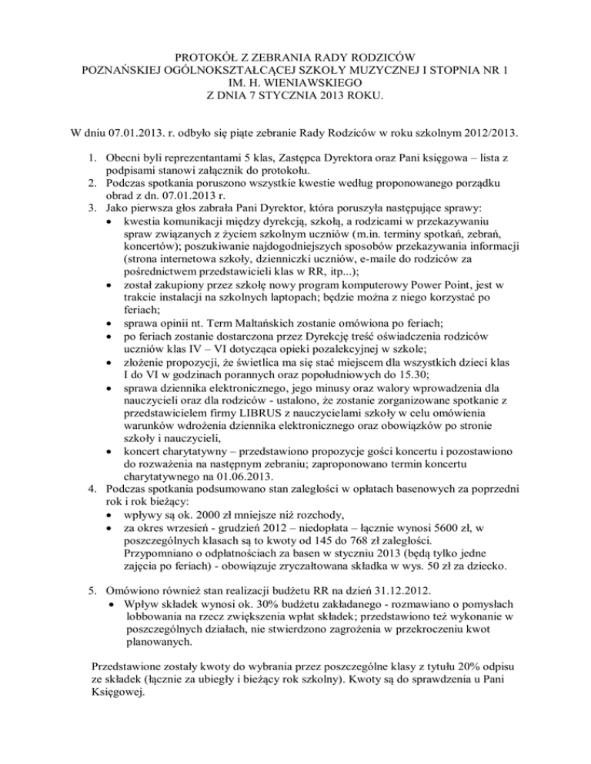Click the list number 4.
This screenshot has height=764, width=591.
(90, 490)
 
